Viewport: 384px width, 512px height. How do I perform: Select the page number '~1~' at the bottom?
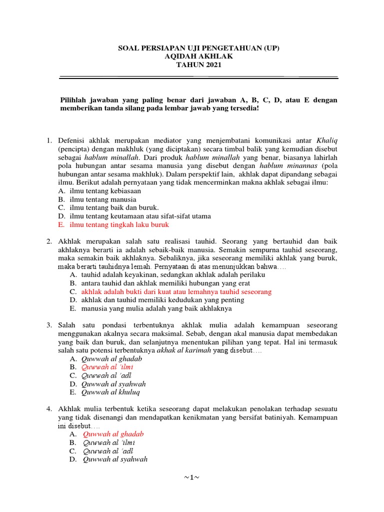191,477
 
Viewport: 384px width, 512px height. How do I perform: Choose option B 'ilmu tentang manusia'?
103,199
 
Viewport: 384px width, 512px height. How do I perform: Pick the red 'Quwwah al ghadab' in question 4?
113,434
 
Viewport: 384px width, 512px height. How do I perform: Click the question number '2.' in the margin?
50,241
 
